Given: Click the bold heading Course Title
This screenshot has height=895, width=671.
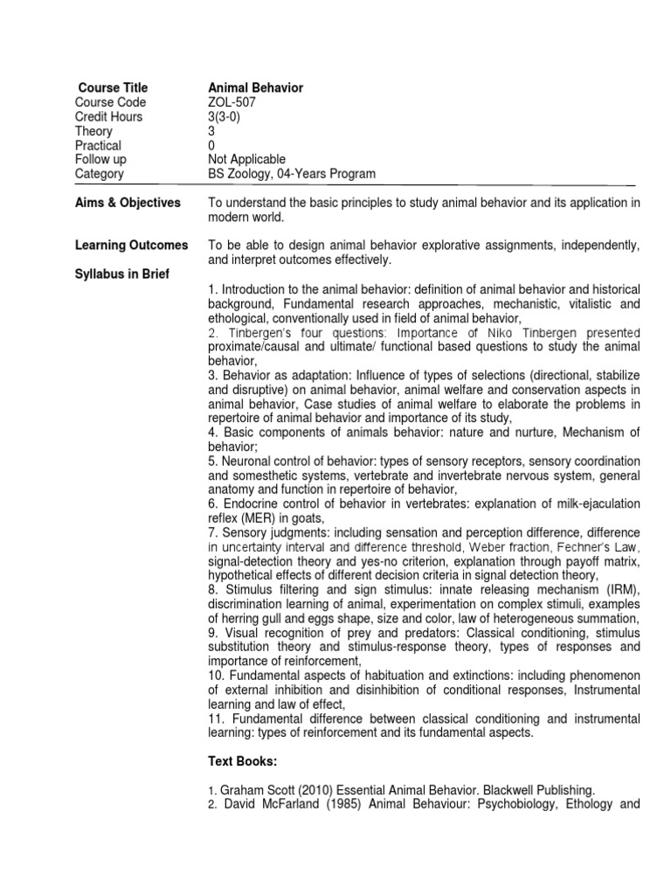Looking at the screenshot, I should coord(113,87).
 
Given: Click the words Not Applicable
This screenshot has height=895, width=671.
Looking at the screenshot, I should coord(246,159).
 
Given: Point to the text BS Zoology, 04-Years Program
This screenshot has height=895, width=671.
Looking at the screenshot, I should coord(292,174).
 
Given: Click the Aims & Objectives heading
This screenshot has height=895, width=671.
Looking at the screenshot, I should coord(128,203).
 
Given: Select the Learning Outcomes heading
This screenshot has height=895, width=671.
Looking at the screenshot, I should coord(131,246).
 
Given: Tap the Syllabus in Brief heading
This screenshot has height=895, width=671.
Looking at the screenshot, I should coord(122,274).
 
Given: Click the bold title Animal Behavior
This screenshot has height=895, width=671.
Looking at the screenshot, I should coord(255,87).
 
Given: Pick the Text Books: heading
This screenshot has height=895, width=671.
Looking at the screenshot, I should coord(240,761).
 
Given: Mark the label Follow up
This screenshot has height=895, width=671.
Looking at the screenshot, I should coord(100,159).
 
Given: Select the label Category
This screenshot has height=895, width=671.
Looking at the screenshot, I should coord(100,174).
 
